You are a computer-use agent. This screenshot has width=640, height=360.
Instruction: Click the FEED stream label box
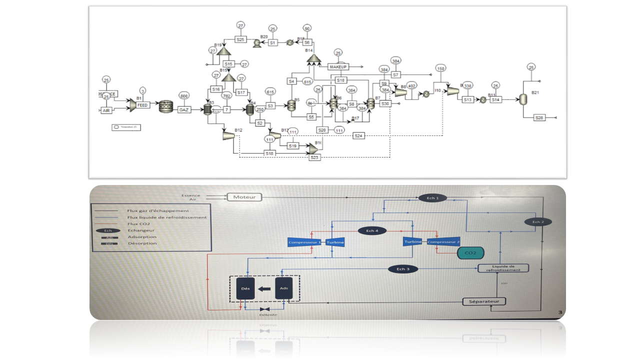pos(142,105)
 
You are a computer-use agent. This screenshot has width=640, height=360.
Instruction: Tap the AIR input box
pos(106,110)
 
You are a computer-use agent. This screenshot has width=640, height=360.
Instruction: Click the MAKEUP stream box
pos(338,66)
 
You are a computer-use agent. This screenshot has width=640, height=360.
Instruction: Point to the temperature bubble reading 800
pos(184,96)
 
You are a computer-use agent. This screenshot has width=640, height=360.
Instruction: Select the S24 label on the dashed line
pos(358,135)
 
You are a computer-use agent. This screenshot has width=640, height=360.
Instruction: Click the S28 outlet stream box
pos(538,118)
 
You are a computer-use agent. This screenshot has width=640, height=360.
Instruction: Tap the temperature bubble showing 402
pos(412,86)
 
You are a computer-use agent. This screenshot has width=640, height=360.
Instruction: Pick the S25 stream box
pos(240,39)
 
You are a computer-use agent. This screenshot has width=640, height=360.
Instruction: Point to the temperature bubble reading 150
pos(440,68)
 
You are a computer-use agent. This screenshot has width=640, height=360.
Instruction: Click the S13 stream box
pos(467,99)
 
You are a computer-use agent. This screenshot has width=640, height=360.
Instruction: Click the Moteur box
pos(244,197)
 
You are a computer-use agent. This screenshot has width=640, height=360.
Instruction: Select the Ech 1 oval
pos(432,198)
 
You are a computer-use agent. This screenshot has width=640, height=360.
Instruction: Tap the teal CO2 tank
pos(470,253)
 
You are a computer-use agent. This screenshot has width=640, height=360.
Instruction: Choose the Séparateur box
pos(483,301)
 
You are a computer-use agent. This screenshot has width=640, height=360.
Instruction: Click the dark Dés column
pos(245,288)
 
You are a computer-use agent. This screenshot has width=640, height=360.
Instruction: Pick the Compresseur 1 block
pos(304,242)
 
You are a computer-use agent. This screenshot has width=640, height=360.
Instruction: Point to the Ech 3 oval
pos(403,269)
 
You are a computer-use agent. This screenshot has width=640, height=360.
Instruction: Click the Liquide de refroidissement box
pos(503,268)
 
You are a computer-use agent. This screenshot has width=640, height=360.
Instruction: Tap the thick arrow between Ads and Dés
pos(264,288)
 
